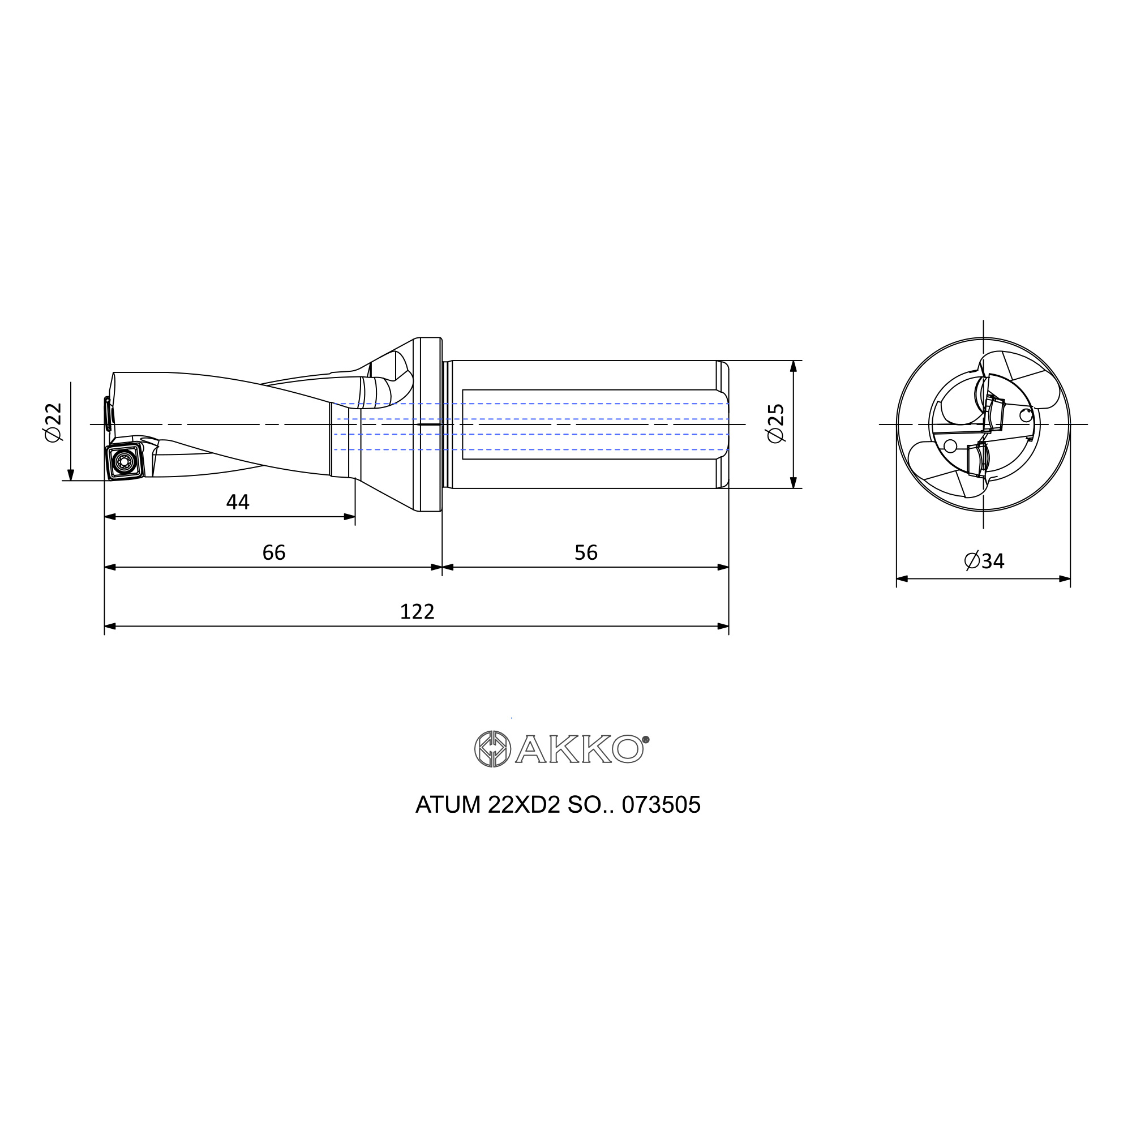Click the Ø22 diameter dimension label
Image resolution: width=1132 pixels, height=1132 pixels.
coord(53,422)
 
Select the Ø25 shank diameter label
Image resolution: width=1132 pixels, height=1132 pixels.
coord(775,423)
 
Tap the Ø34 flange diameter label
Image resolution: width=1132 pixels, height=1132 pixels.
coord(984,561)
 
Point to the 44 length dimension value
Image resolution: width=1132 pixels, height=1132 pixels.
coord(238,502)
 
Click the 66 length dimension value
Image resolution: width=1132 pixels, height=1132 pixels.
coord(273,552)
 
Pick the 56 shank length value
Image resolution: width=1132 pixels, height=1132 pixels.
coord(586,552)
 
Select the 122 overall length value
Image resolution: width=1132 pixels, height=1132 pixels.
coord(417,612)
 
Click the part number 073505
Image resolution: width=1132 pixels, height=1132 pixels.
coord(661,805)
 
